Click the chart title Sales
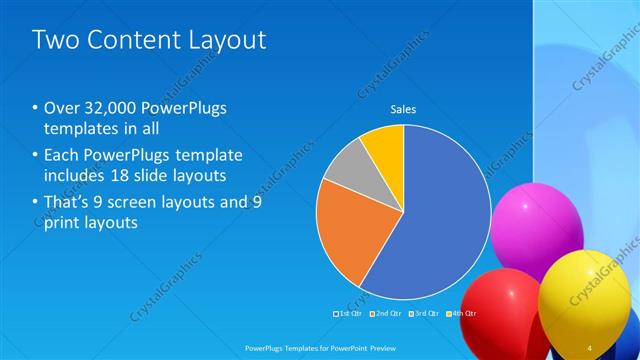click(403, 110)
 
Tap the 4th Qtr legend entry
click(464, 314)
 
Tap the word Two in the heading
click(54, 40)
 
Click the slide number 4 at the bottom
click(590, 347)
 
